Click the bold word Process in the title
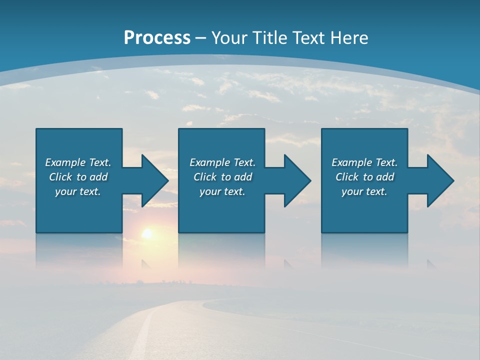[x=157, y=38]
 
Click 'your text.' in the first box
[x=78, y=192]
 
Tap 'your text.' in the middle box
[x=222, y=192]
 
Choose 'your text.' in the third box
[x=364, y=192]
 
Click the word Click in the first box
[x=60, y=177]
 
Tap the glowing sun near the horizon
[x=147, y=233]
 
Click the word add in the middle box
[x=242, y=177]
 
